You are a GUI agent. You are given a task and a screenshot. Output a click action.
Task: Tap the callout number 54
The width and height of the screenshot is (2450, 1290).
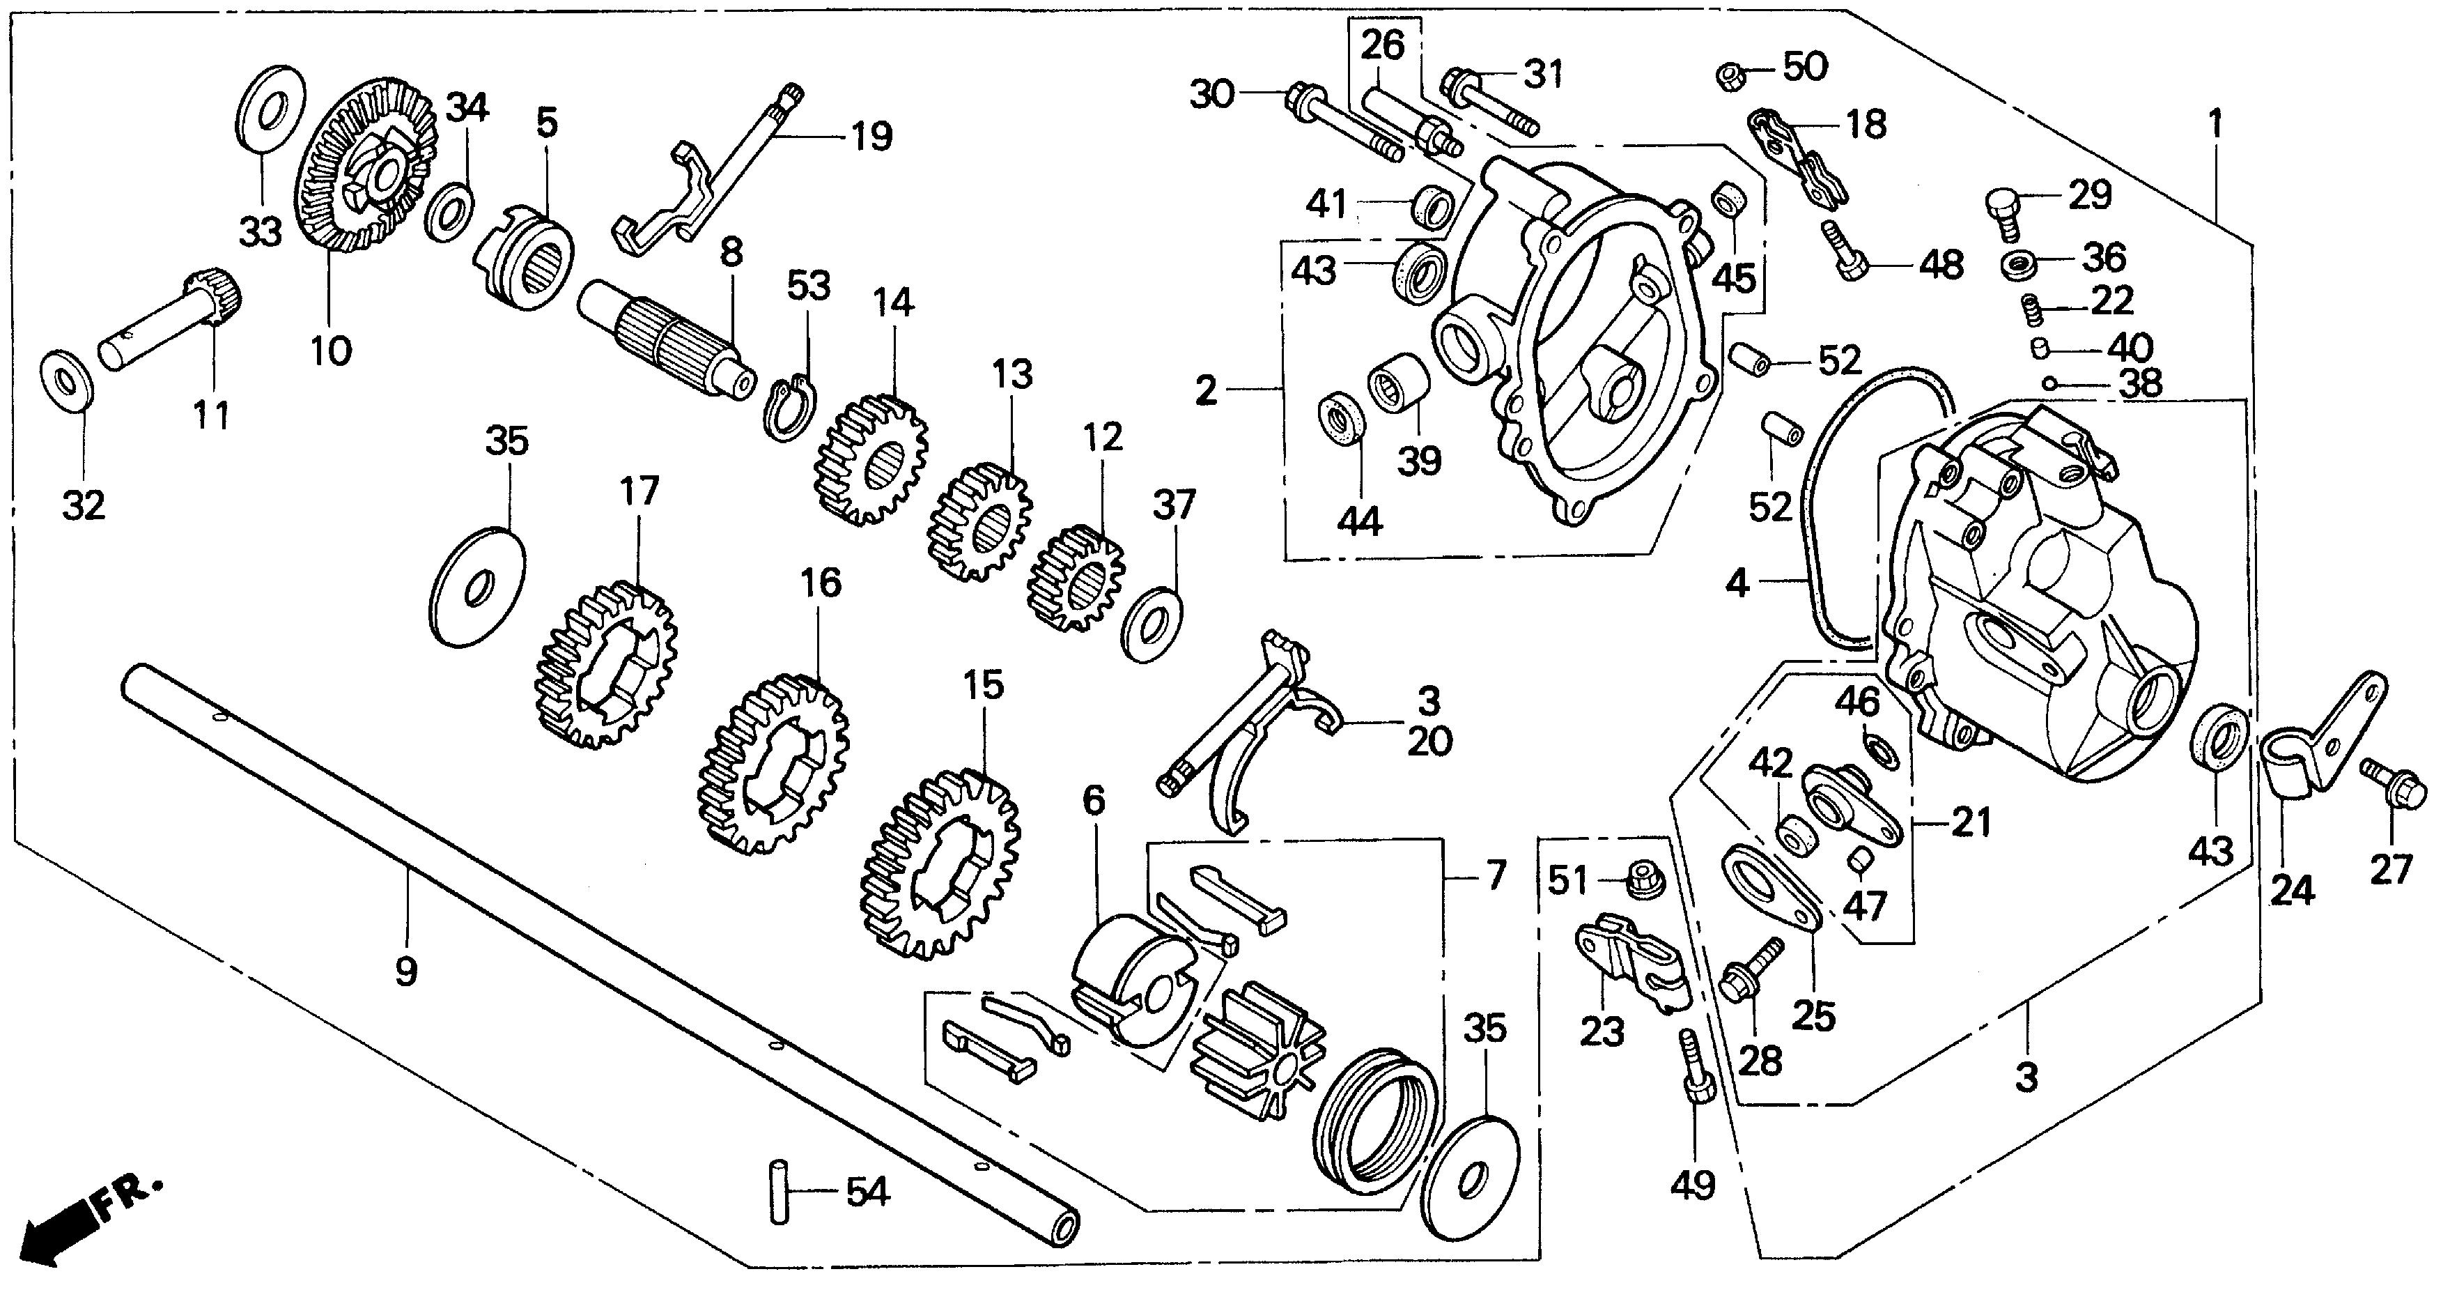pyautogui.click(x=867, y=1192)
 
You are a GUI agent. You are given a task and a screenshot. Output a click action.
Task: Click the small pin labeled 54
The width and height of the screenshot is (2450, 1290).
pyautogui.click(x=779, y=1190)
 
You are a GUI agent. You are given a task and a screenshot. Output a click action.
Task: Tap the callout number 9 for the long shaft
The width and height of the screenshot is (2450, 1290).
pyautogui.click(x=406, y=972)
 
